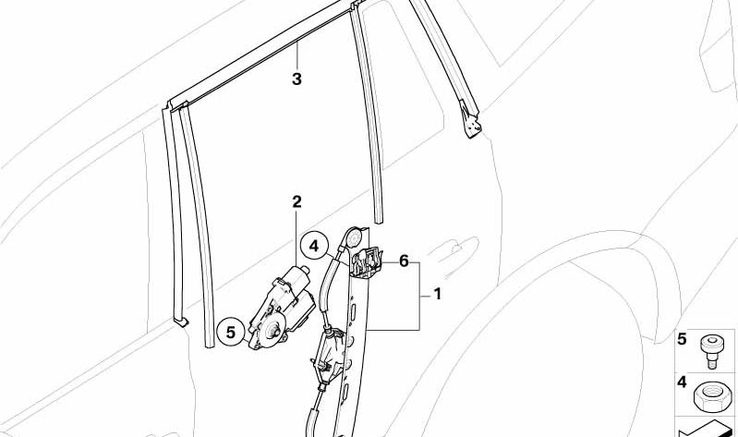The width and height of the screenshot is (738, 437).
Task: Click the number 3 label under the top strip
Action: coord(296,79)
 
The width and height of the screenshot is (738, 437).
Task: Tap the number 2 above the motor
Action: coord(296,202)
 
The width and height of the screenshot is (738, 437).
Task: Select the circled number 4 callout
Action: coord(314,246)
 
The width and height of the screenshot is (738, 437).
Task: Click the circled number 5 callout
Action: coord(231,333)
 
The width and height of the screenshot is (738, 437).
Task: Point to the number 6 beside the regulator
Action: coord(404,261)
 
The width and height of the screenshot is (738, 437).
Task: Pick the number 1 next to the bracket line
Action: coord(437,295)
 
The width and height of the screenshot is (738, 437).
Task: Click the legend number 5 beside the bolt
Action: coord(682,339)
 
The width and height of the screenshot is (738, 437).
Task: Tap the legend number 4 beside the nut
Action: coord(682,382)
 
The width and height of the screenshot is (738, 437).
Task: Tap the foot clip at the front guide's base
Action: coord(181,322)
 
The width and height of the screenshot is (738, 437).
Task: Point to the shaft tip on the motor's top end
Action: coord(306,270)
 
